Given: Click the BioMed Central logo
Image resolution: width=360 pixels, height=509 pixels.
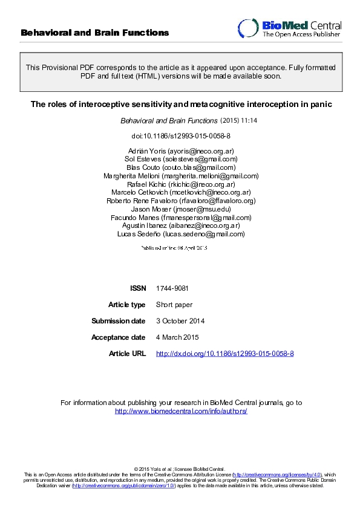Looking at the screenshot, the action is [289, 28].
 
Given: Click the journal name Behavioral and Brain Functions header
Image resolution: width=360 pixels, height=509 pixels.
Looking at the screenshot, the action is [95, 33].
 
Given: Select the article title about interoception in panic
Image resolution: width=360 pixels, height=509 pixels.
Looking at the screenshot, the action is [180, 105].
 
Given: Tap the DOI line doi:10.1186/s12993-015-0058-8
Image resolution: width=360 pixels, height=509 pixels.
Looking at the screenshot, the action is [180, 136].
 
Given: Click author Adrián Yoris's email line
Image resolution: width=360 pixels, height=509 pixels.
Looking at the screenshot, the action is [180, 151].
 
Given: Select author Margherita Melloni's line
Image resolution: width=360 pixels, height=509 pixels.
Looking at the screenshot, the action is [180, 176].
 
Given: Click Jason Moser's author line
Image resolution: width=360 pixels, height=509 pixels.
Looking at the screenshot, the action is [180, 209].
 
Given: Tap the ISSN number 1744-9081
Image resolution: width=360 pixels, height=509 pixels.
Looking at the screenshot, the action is [168, 288].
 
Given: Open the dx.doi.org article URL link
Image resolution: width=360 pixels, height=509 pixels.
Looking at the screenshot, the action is [225, 354].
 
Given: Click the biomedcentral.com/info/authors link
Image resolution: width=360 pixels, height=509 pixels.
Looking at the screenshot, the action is [181, 411].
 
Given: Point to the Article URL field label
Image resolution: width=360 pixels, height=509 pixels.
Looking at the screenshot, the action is [127, 354].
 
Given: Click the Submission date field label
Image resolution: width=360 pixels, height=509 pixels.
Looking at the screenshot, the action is [119, 321].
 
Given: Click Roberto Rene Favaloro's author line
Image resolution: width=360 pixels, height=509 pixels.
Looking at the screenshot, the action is [180, 201].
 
